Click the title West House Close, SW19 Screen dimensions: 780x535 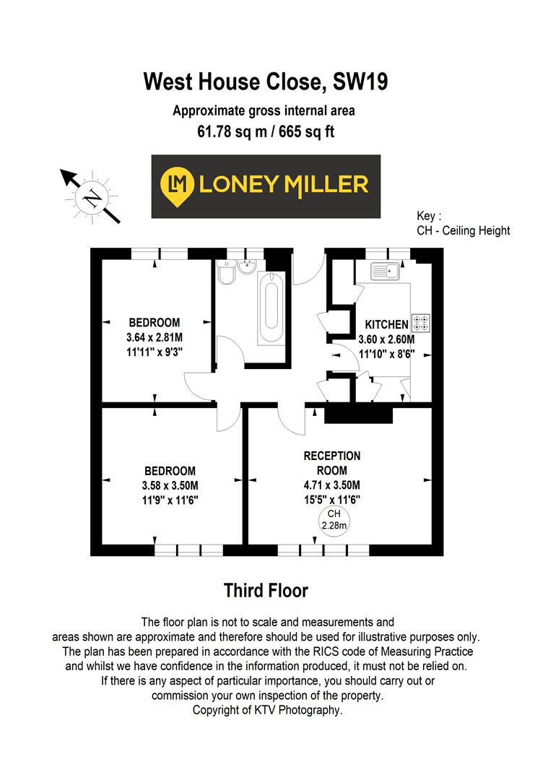[266, 81]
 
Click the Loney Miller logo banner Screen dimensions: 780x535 [266, 186]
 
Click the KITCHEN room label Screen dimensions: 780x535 [386, 325]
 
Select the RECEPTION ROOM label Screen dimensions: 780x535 [331, 463]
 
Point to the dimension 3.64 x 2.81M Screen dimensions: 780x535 [154, 337]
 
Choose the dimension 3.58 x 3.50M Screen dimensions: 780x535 [170, 485]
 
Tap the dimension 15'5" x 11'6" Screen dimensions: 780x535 [331, 499]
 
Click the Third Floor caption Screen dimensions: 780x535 [266, 591]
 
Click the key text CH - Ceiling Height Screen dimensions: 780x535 [463, 230]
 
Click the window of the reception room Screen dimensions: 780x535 [323, 550]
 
